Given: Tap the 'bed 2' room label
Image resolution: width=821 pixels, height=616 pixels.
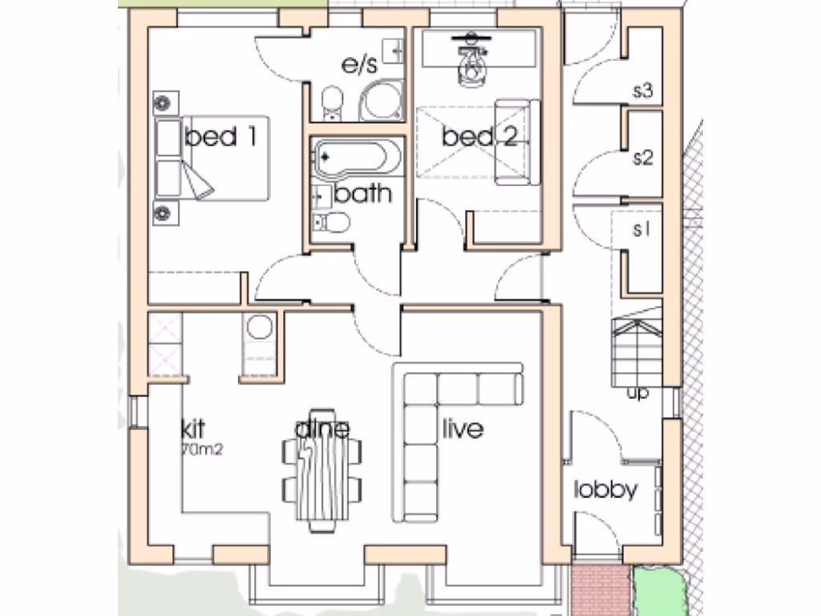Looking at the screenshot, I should pyautogui.click(x=479, y=137).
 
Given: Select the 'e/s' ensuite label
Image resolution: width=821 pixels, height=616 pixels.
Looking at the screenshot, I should pyautogui.click(x=360, y=66).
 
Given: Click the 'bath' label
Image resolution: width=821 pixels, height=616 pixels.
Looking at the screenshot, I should pyautogui.click(x=363, y=193).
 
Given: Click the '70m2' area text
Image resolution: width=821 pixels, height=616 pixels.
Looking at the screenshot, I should pyautogui.click(x=202, y=450).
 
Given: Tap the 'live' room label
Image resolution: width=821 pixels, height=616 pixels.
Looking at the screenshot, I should pyautogui.click(x=463, y=429).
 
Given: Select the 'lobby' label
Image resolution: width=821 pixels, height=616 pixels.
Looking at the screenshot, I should pyautogui.click(x=606, y=489).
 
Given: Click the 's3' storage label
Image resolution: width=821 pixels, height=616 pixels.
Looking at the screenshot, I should pyautogui.click(x=643, y=91).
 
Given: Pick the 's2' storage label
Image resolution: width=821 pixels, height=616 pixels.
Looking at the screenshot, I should pyautogui.click(x=643, y=157).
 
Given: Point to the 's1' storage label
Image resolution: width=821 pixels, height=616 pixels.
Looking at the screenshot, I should pyautogui.click(x=641, y=230).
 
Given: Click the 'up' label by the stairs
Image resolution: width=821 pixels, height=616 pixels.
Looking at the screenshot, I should pyautogui.click(x=638, y=394).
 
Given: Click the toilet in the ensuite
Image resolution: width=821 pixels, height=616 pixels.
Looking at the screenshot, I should pyautogui.click(x=332, y=102).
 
